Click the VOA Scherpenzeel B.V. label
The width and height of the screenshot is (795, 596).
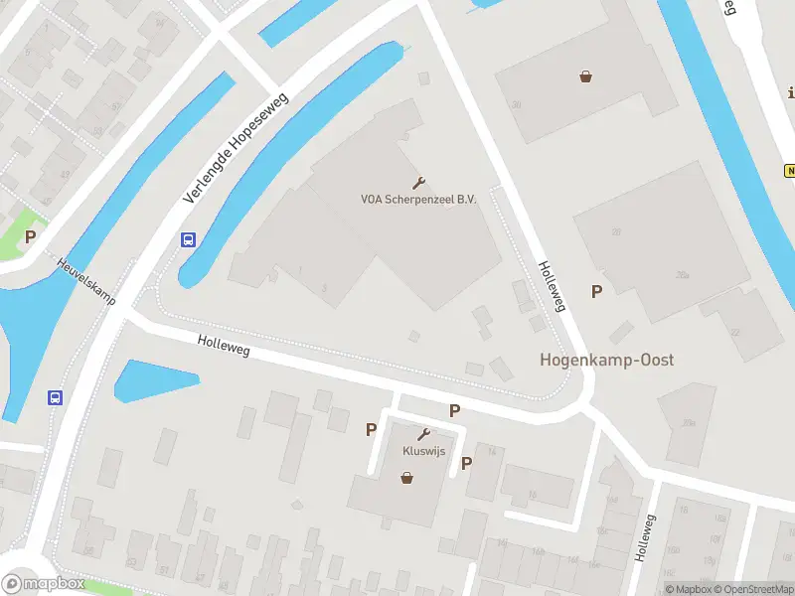pos(418,199)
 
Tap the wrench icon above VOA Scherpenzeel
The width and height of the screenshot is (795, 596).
pos(418,183)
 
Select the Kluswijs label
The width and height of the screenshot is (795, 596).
pos(424,451)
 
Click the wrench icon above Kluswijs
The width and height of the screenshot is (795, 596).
pos(424,435)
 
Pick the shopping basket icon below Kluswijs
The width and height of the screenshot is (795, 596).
pos(406,478)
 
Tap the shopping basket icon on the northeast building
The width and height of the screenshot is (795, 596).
pos(586,75)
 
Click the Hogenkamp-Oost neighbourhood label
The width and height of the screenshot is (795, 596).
pos(606,360)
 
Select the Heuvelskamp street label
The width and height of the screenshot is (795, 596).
pos(86,282)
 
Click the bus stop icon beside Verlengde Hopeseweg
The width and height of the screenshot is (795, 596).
pos(188,239)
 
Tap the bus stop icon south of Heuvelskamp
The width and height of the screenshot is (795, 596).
pos(55,397)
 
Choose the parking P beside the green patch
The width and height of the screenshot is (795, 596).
pos(31,236)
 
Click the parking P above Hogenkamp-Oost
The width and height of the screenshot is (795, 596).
pos(597,291)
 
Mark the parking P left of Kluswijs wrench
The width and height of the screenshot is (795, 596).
pos(372,429)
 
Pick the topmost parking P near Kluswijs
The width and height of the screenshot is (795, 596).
pos(455,409)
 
